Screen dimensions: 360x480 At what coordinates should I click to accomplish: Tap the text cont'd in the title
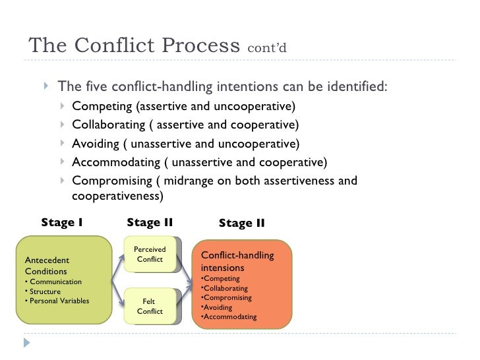tap(267, 49)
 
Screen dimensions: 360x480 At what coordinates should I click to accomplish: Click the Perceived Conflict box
tap(150, 255)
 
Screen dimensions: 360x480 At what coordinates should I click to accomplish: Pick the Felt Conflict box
tap(150, 306)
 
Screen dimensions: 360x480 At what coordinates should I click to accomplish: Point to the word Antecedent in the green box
tap(46, 260)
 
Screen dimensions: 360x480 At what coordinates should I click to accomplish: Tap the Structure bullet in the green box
tap(44, 291)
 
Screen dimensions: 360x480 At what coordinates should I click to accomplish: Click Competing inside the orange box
tap(222, 279)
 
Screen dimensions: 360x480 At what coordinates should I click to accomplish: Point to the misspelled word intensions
tap(222, 268)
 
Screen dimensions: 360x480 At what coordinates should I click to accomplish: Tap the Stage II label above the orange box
tap(241, 224)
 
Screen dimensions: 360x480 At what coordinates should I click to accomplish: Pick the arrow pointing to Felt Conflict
tap(119, 295)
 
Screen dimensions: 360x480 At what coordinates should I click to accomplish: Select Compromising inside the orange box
tap(227, 298)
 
